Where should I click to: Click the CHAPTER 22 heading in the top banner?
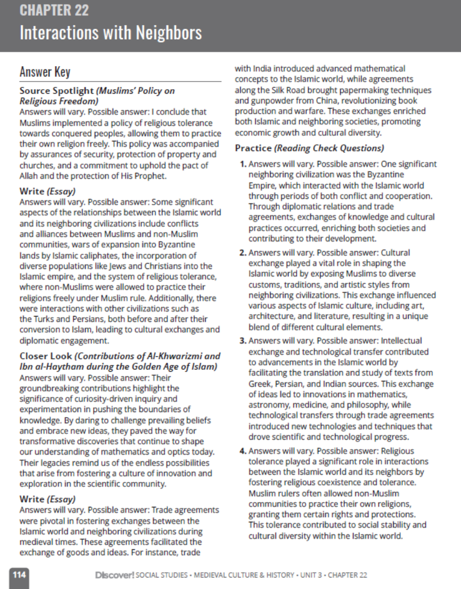(x=54, y=10)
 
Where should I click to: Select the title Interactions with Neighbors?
(x=110, y=32)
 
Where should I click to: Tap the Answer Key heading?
(x=45, y=72)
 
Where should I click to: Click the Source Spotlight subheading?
(x=56, y=91)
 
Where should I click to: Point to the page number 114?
(x=19, y=575)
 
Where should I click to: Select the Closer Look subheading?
(x=45, y=355)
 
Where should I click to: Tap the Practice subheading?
(x=253, y=148)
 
